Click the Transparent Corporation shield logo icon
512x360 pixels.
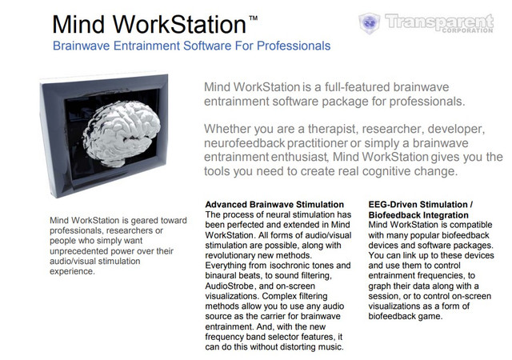[370, 23]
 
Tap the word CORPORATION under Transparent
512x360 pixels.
[467, 30]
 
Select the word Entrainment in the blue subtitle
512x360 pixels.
[147, 46]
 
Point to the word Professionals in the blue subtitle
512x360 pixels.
[294, 46]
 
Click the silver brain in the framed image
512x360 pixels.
[122, 133]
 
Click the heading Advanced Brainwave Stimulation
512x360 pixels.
[274, 205]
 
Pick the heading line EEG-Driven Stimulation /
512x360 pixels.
[421, 205]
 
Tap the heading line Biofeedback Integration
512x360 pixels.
[418, 215]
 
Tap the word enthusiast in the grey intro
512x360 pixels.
[299, 157]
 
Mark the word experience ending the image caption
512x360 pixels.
[72, 271]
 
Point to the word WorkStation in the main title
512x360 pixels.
[179, 25]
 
